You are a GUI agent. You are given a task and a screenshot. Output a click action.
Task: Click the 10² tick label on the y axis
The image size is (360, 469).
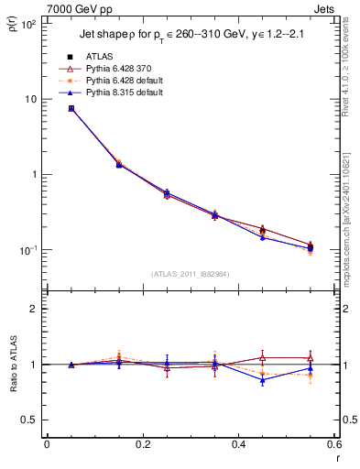(29, 24)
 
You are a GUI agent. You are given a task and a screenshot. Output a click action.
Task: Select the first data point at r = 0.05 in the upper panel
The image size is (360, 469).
(71, 108)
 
